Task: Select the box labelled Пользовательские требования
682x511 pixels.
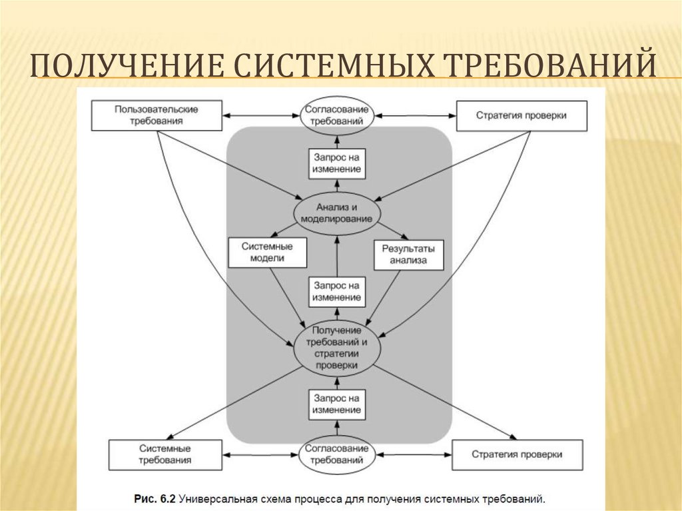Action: (157, 115)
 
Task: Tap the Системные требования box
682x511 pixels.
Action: (166, 454)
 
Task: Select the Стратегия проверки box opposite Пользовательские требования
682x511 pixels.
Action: (521, 115)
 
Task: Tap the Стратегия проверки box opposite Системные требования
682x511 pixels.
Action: (517, 454)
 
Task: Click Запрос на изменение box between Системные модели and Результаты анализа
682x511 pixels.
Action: (338, 291)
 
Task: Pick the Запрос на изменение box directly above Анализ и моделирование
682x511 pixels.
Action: (338, 163)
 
